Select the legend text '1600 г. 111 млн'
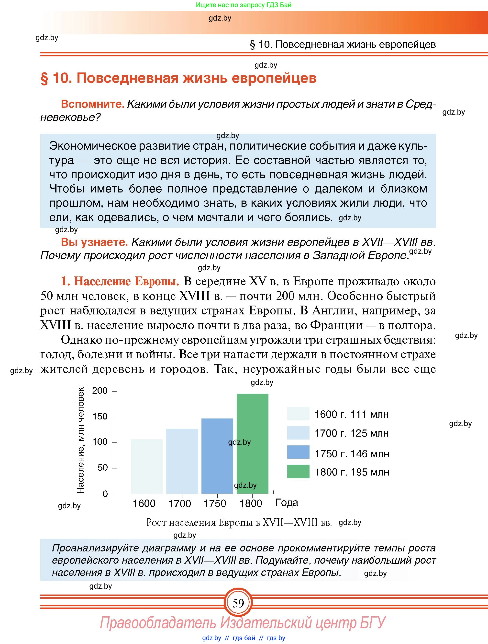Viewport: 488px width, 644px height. click(x=351, y=414)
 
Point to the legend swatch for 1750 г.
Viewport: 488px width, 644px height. click(x=298, y=452)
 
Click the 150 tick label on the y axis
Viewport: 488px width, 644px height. click(x=100, y=416)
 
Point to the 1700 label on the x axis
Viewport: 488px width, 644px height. click(x=180, y=503)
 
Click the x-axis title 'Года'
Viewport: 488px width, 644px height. click(x=287, y=502)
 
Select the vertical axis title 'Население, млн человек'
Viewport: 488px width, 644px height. click(x=80, y=440)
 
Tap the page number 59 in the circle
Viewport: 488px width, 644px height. click(x=238, y=603)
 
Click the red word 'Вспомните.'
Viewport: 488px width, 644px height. click(x=93, y=104)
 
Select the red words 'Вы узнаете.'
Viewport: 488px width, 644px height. click(x=94, y=242)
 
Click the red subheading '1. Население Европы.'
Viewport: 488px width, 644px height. click(x=120, y=281)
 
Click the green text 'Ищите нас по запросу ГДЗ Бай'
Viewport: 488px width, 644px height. click(x=244, y=5)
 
